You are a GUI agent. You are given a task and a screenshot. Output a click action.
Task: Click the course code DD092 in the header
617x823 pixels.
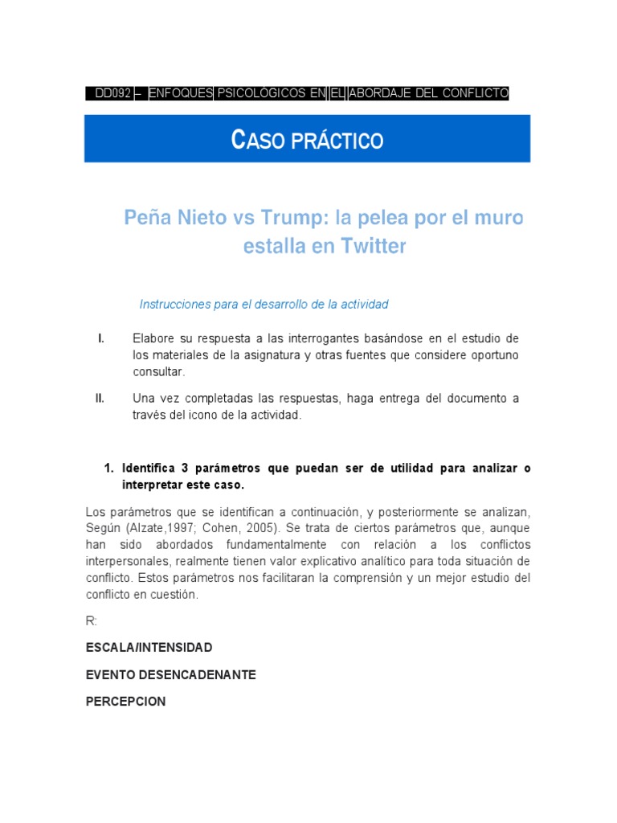113,93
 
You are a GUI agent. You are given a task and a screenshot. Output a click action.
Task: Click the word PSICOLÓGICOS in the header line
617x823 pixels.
261,93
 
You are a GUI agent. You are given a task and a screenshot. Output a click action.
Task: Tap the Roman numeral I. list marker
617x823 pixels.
100,338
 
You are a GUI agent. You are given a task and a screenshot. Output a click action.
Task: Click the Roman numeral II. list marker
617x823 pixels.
100,398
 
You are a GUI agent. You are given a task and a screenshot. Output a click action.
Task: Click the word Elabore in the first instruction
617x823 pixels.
153,338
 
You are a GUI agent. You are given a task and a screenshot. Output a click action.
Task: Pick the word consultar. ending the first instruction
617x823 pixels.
159,372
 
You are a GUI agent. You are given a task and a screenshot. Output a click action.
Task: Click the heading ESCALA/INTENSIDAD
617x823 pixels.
149,648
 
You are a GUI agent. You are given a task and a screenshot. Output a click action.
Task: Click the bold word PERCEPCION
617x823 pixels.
126,702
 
